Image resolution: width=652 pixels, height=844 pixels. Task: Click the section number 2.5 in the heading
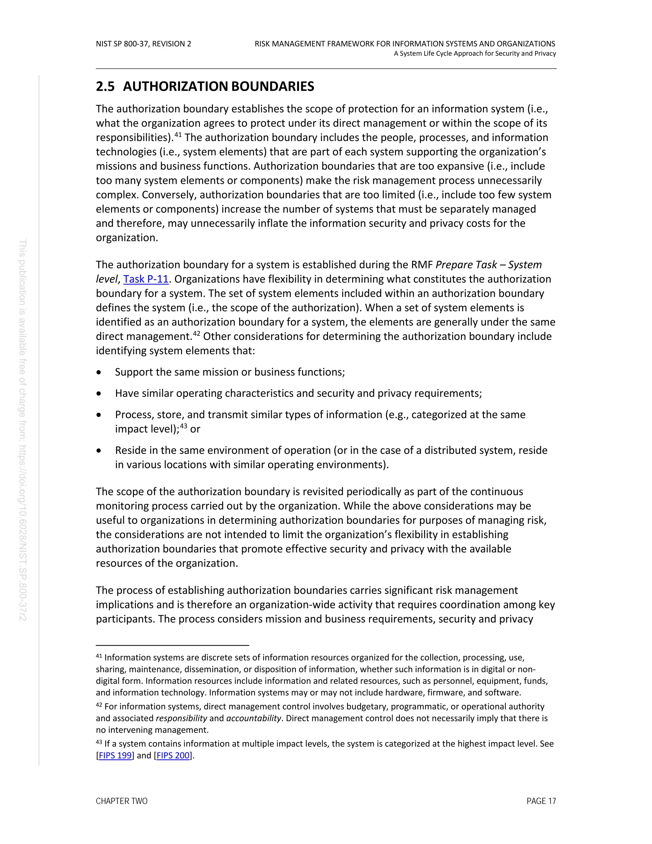pyautogui.click(x=105, y=86)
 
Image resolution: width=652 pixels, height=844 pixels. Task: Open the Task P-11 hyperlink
pyautogui.click(x=145, y=279)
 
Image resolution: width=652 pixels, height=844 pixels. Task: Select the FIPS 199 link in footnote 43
pyautogui.click(x=115, y=755)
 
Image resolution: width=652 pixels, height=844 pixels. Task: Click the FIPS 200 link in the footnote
pyautogui.click(x=173, y=755)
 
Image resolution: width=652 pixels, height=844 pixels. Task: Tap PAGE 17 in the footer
pyautogui.click(x=541, y=801)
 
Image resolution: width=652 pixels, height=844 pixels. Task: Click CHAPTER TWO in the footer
pyautogui.click(x=122, y=801)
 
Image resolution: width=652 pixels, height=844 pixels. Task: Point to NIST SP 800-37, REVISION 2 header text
pyautogui.click(x=143, y=44)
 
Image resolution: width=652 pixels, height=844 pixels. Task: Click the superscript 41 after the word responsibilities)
pyautogui.click(x=178, y=134)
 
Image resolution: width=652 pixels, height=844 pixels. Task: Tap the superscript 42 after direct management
pyautogui.click(x=197, y=333)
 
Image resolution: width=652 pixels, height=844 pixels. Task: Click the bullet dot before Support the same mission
pyautogui.click(x=99, y=372)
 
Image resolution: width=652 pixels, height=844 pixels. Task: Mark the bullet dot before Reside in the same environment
pyautogui.click(x=99, y=451)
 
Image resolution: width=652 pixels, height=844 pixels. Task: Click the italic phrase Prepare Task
pyautogui.click(x=466, y=265)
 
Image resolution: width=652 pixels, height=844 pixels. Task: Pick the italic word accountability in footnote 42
pyautogui.click(x=254, y=718)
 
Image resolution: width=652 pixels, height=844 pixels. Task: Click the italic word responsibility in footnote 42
pyautogui.click(x=181, y=718)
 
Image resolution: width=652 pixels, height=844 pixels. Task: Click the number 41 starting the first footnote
pyautogui.click(x=99, y=656)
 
